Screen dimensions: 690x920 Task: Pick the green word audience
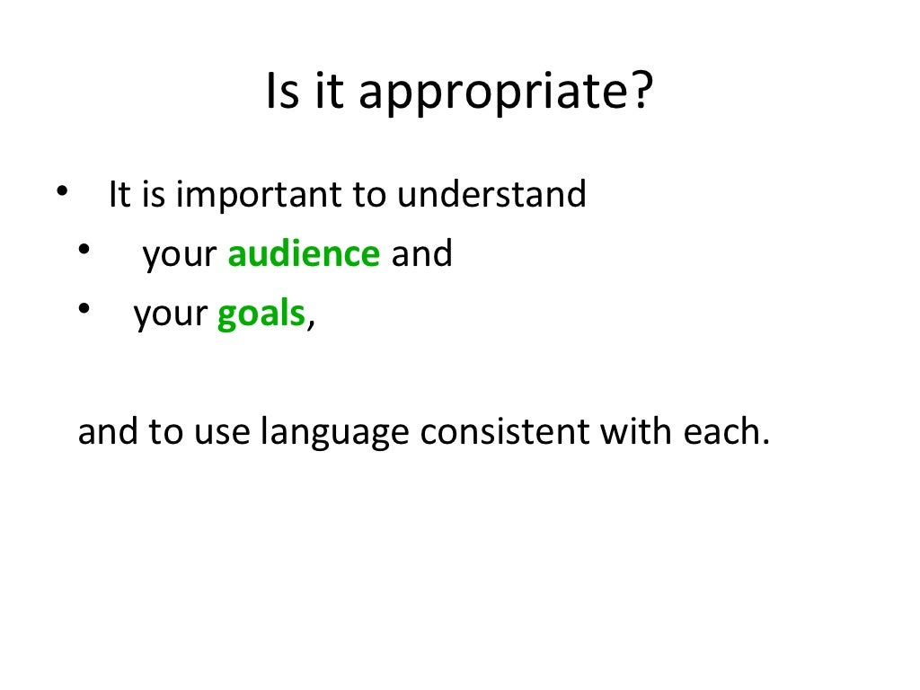click(x=304, y=254)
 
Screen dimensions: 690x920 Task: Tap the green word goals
click(x=261, y=316)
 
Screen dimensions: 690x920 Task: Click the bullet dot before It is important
click(x=61, y=192)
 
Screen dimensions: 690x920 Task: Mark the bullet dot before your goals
click(x=84, y=310)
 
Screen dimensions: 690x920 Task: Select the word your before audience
click(x=180, y=256)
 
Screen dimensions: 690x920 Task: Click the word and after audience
click(x=421, y=254)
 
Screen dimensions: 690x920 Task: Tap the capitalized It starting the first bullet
click(x=119, y=195)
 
